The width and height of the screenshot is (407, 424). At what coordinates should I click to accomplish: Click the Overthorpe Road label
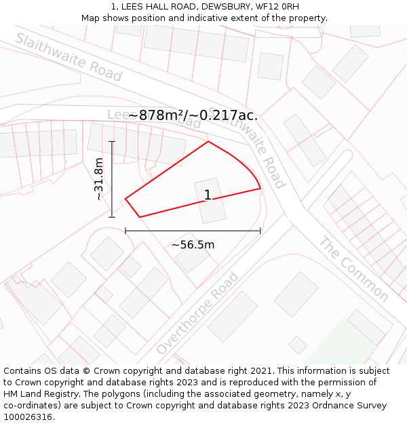point(197,313)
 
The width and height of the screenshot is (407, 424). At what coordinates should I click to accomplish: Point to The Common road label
point(353,269)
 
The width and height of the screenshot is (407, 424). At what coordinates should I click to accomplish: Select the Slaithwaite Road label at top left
point(69,58)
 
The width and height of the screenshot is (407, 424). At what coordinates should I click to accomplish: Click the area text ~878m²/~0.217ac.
point(193,115)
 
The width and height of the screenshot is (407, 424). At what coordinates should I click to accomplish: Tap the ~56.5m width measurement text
point(193,245)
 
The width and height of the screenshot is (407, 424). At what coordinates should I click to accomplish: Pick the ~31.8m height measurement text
point(99,178)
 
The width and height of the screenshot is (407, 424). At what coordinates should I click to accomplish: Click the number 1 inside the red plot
point(208,195)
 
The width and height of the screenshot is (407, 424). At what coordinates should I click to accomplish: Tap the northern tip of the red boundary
point(208,142)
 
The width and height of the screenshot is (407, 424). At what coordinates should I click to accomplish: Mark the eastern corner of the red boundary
point(260,188)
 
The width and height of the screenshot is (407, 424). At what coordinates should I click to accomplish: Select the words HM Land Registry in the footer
point(43,394)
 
